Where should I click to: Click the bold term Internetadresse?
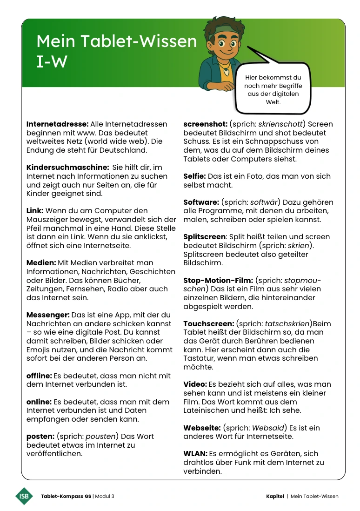pos(57,124)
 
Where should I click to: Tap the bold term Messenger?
pos(48,315)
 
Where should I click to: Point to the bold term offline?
pos(39,376)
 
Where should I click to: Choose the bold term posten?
pos(40,437)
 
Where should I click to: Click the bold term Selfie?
pos(194,176)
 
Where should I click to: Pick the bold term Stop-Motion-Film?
pos(218,280)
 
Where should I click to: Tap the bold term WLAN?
pos(195,454)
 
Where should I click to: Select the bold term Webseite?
pos(202,428)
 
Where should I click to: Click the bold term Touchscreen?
pos(208,323)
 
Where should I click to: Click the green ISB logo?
pos(24,496)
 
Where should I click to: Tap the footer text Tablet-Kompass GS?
pos(66,496)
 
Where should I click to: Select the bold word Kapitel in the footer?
pos(275,496)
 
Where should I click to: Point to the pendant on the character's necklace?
pos(226,72)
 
